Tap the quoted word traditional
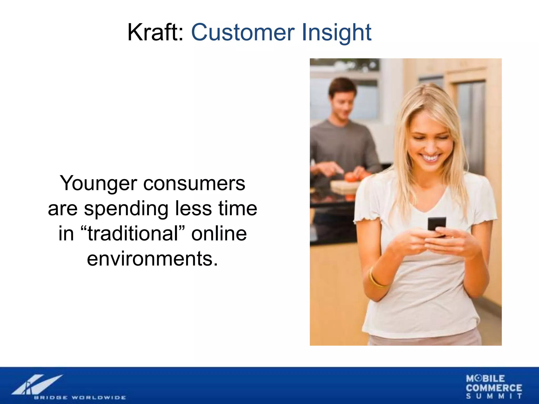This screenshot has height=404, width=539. (x=133, y=234)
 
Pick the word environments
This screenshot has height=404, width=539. (x=152, y=259)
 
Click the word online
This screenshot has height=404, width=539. (x=219, y=234)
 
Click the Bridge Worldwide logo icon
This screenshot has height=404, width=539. (x=37, y=385)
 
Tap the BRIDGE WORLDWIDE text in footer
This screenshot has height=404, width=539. (x=80, y=397)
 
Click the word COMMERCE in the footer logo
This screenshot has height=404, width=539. (x=494, y=388)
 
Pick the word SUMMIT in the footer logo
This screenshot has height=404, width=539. (x=494, y=396)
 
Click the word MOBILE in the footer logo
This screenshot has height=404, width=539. (x=485, y=378)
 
